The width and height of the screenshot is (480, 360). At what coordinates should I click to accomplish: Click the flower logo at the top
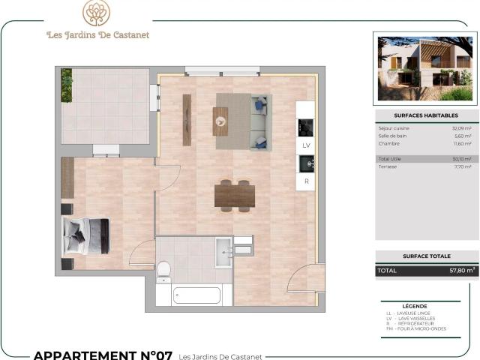point(96,13)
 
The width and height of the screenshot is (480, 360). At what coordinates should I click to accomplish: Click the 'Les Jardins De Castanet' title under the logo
point(97,34)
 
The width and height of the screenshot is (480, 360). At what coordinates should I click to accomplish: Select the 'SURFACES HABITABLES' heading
point(425,115)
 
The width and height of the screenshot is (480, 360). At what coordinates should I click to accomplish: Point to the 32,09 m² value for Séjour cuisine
point(461,128)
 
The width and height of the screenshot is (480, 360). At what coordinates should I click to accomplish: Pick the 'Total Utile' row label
point(389,159)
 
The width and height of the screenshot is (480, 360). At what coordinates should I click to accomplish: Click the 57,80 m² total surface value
point(460,270)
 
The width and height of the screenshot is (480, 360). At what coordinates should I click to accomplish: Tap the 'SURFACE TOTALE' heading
point(425,256)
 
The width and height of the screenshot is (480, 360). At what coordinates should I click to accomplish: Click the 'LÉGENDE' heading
point(425,307)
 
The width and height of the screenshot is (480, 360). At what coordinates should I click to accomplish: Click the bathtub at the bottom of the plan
point(196,295)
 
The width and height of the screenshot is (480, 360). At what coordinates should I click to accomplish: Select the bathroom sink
point(223,252)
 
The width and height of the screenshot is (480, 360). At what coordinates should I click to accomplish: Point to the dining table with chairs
point(235,195)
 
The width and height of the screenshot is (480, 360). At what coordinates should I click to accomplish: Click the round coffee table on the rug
point(220,121)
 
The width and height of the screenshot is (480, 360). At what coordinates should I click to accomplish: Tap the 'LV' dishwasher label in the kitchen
point(306,145)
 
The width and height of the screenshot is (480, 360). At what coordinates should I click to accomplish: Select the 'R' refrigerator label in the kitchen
point(306,181)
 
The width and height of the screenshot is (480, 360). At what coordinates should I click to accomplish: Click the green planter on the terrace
point(67,85)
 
